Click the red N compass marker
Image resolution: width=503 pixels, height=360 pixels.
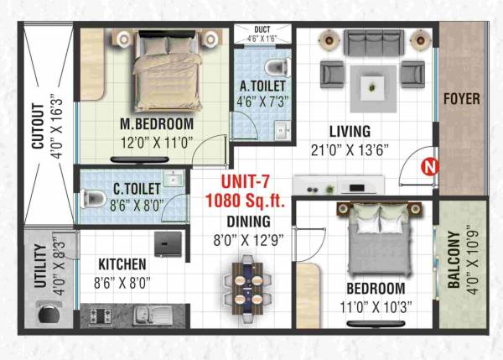(x=429, y=166)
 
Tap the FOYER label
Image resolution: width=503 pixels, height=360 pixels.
(x=462, y=99)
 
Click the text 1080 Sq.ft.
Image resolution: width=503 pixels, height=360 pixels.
(x=247, y=201)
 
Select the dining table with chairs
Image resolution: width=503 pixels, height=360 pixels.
(x=247, y=284)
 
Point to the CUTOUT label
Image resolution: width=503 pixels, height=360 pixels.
(x=37, y=126)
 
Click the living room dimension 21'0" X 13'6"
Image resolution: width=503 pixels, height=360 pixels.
(x=350, y=151)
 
